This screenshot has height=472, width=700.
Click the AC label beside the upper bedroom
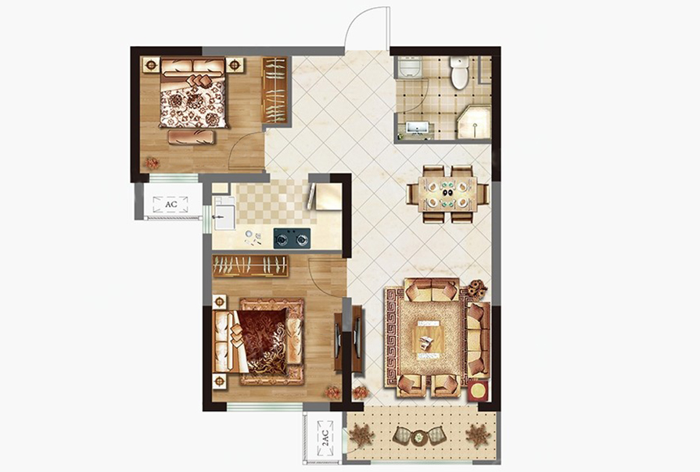171,204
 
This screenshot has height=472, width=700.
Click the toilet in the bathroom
459,71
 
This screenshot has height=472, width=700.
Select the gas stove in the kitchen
292,238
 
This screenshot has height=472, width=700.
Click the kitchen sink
224,213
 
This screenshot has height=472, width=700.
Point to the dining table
448,194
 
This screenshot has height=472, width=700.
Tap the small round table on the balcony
418,437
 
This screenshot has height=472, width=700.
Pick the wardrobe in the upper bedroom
274,91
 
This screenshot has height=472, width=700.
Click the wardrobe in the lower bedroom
250,266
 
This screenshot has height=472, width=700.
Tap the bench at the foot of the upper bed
191,137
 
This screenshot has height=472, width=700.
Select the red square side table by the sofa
478,391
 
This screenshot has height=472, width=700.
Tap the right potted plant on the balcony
478,435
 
